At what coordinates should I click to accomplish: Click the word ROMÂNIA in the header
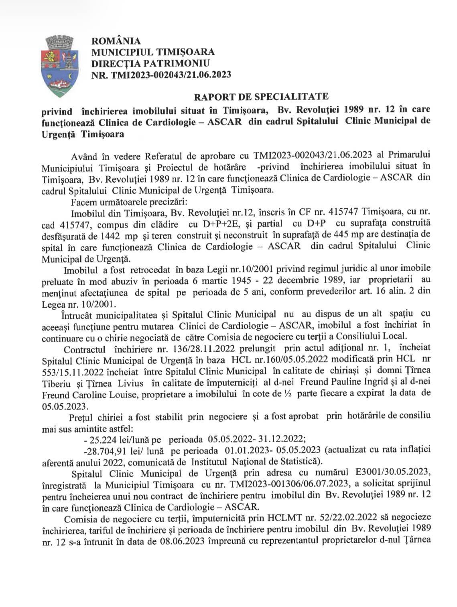pyautogui.click(x=116, y=41)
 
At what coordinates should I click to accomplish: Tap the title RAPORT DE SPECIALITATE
pyautogui.click(x=261, y=96)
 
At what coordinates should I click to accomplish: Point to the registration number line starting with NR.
pyautogui.click(x=161, y=74)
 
